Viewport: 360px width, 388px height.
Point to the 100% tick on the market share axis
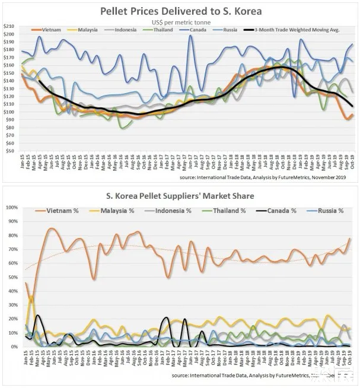(x=10, y=207)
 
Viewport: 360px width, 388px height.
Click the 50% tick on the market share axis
(x=11, y=277)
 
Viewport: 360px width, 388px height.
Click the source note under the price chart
(x=261, y=177)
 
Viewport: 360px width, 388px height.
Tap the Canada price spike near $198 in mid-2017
(x=190, y=36)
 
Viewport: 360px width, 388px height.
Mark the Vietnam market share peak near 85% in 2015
(x=51, y=228)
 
